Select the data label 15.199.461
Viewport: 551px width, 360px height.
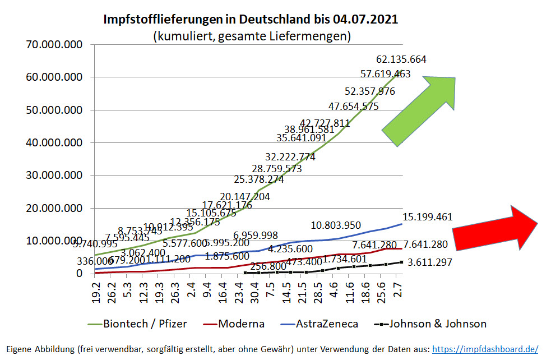coord(427,217)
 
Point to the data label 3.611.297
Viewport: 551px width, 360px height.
coord(429,262)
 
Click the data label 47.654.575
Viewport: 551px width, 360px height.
coord(353,106)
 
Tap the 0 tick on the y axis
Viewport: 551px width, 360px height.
coord(80,274)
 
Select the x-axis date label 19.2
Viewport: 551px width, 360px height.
coord(97,292)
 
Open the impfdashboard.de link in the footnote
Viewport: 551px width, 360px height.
coord(485,349)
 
